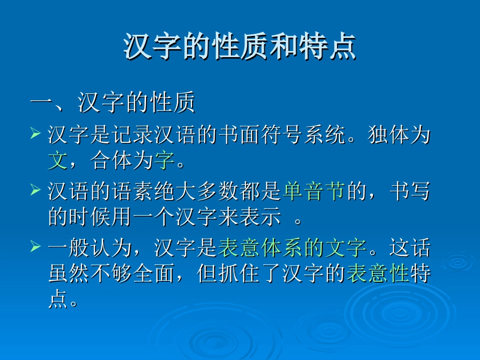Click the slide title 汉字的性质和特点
[x=240, y=47]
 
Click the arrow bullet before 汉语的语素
[x=35, y=190]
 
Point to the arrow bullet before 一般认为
[x=35, y=247]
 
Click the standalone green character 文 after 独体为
[x=57, y=161]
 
